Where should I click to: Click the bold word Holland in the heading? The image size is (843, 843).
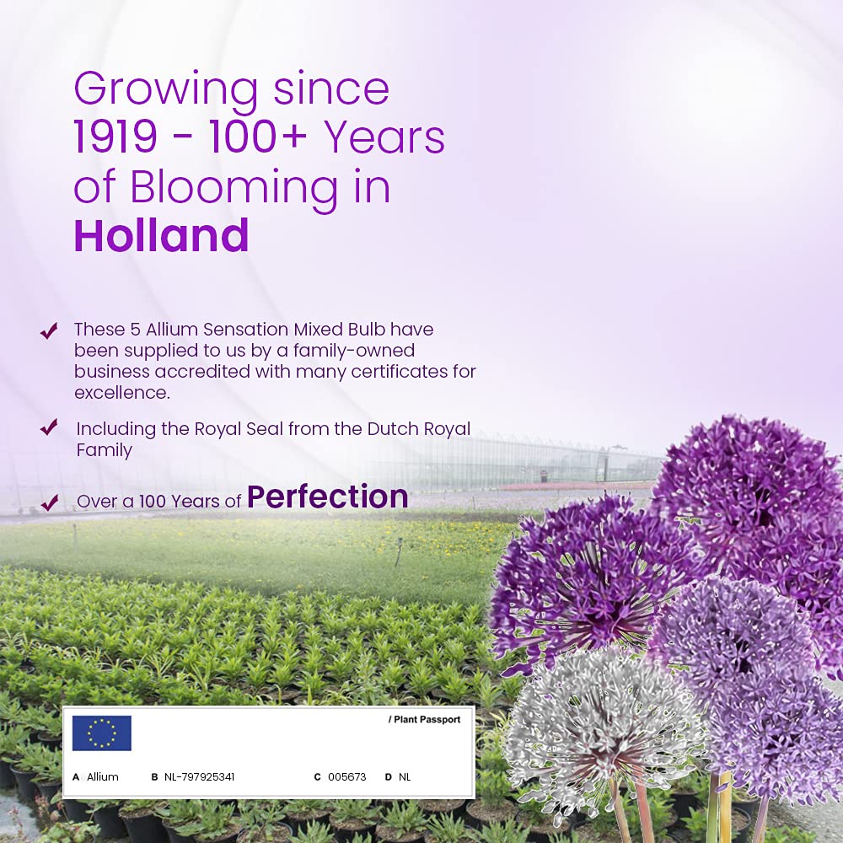click(x=161, y=235)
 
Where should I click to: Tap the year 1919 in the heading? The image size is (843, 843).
click(x=115, y=137)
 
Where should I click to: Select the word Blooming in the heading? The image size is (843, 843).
click(x=234, y=188)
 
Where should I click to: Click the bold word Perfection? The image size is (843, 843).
click(x=327, y=497)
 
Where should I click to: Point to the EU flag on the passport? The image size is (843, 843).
click(x=102, y=733)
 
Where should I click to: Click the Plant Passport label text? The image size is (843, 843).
click(x=424, y=719)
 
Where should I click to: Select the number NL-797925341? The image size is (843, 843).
click(x=199, y=777)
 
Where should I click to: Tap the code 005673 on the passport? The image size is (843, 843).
click(x=346, y=777)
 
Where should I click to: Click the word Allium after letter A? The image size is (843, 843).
click(x=103, y=777)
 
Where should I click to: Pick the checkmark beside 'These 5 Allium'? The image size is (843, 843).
click(x=49, y=330)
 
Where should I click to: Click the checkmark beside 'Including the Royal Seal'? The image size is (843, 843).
click(x=49, y=427)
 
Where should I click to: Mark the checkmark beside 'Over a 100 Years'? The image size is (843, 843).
click(x=50, y=502)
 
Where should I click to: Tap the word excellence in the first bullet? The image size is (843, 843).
click(x=122, y=393)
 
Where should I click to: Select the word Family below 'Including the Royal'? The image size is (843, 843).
click(x=105, y=450)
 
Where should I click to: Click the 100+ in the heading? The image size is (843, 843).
click(x=259, y=137)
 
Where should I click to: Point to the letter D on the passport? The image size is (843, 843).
click(x=388, y=777)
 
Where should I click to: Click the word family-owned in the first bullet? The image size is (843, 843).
click(x=354, y=351)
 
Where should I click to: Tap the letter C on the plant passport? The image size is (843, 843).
click(x=317, y=777)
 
